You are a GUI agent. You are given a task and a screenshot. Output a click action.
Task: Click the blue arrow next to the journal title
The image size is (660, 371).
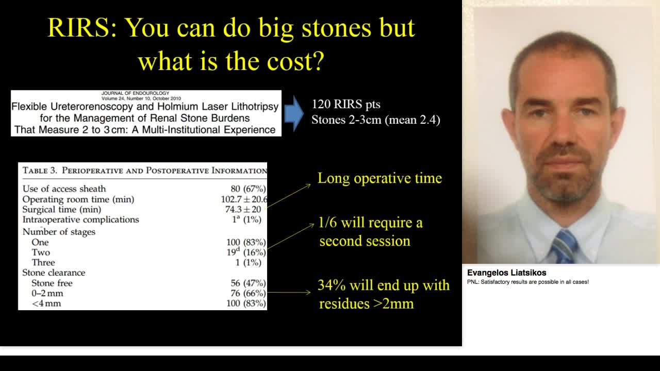[293, 113]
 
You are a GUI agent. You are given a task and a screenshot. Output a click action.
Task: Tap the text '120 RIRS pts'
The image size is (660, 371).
[345, 104]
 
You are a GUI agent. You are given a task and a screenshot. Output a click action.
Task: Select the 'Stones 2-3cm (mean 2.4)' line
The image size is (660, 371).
[375, 120]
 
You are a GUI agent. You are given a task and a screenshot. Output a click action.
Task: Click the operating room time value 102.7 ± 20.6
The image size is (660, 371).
[244, 199]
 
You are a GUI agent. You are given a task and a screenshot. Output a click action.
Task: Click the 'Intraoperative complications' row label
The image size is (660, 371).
[80, 220]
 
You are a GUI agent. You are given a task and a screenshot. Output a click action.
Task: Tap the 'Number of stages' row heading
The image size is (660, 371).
[59, 232]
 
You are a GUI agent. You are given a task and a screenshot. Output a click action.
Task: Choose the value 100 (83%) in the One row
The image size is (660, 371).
[246, 242]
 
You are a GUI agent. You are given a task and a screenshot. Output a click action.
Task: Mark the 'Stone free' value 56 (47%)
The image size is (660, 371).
[248, 283]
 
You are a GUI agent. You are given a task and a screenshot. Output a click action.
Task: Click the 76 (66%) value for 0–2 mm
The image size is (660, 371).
[248, 293]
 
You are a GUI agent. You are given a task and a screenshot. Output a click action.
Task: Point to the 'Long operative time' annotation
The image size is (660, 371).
[379, 178]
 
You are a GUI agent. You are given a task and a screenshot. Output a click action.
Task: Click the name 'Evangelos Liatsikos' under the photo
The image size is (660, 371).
[506, 273]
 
